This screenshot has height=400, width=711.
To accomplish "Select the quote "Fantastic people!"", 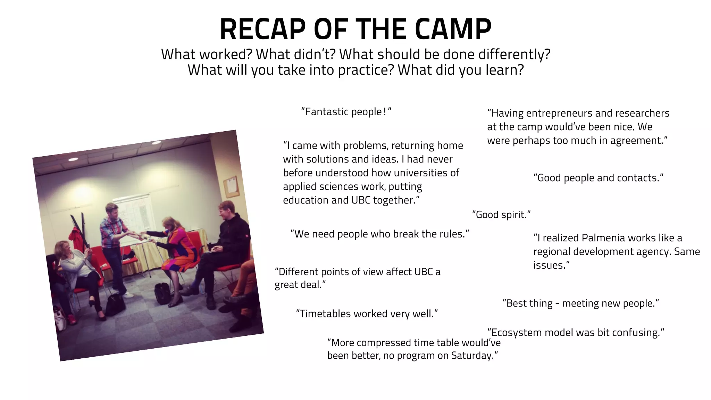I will [x=346, y=112].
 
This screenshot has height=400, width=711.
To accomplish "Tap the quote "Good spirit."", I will [x=501, y=215].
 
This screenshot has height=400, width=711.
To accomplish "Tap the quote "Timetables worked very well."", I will [x=367, y=314].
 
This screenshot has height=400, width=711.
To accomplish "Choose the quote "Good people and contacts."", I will [x=598, y=178].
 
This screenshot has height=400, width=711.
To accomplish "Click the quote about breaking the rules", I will [x=379, y=234].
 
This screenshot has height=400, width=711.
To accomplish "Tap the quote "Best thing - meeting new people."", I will [x=580, y=303].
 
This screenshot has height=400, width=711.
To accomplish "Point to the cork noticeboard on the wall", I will [x=231, y=186].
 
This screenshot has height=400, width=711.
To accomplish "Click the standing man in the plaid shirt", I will [x=113, y=243].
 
